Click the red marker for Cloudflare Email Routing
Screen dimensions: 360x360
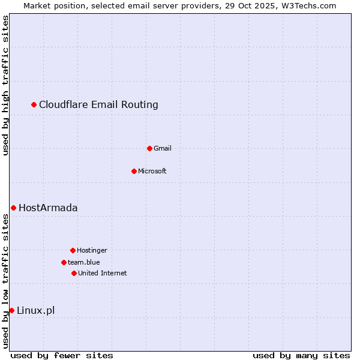click(x=34, y=105)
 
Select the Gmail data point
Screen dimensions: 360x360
click(x=149, y=148)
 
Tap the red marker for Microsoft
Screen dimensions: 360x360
click(x=134, y=171)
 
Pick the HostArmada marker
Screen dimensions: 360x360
click(x=13, y=208)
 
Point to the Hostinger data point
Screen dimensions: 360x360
click(x=73, y=250)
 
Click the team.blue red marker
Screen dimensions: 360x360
click(x=64, y=262)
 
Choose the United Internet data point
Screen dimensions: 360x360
click(x=74, y=273)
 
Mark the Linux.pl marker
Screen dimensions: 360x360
click(x=11, y=310)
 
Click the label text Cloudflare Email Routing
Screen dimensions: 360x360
click(x=98, y=105)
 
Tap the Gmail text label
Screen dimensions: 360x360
click(x=163, y=148)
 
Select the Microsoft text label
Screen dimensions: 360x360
click(x=152, y=171)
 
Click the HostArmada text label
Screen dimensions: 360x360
click(x=48, y=208)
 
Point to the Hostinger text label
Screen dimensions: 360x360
click(x=92, y=250)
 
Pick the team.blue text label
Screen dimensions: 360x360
click(x=84, y=262)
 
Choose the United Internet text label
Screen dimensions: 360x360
click(x=103, y=273)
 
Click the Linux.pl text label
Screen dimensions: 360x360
click(x=35, y=310)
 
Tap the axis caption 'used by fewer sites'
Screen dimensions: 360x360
click(x=62, y=355)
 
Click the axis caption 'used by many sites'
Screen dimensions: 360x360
click(x=301, y=355)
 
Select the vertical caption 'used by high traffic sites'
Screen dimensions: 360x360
click(x=6, y=85)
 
